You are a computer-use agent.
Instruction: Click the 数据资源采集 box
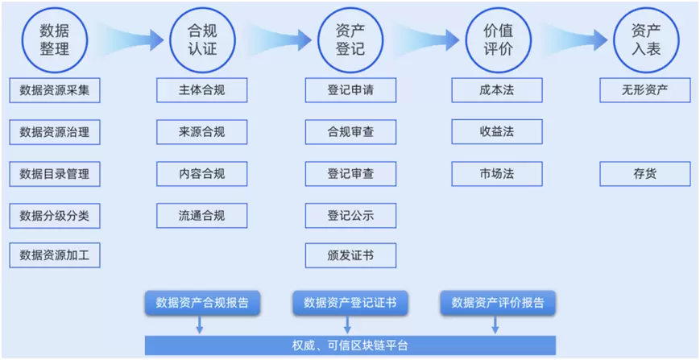tap(55, 90)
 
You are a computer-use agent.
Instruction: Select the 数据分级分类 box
tap(55, 215)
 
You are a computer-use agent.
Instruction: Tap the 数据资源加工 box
tap(55, 257)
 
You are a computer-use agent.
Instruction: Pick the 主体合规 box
tap(202, 90)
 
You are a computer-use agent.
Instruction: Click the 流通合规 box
tap(202, 215)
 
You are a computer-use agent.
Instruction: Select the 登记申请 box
tap(350, 90)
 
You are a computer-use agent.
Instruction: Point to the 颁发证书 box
tap(350, 257)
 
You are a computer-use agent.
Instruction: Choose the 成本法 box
tap(497, 90)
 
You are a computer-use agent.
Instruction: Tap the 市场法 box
tap(497, 174)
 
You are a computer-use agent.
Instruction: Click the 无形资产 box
tap(645, 90)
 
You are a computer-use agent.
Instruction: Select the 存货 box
tap(645, 174)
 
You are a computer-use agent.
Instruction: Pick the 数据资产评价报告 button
tap(498, 303)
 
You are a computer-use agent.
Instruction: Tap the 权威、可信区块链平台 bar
tap(350, 346)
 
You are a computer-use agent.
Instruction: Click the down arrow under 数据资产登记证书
tap(347, 325)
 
